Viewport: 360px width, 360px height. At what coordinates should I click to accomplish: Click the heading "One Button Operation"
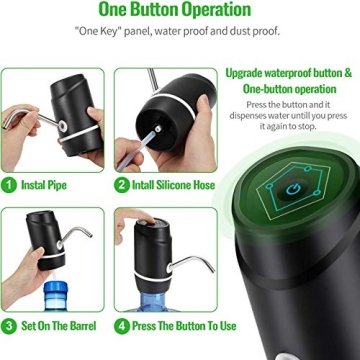click(x=174, y=11)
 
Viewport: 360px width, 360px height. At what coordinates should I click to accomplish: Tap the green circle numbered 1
click(x=9, y=185)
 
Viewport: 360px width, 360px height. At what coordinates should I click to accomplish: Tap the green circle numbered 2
click(x=122, y=185)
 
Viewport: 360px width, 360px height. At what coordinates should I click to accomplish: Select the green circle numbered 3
click(x=9, y=325)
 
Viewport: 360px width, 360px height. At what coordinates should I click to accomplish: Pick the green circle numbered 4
click(x=122, y=325)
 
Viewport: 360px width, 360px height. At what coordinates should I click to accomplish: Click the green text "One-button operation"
click(x=289, y=88)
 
